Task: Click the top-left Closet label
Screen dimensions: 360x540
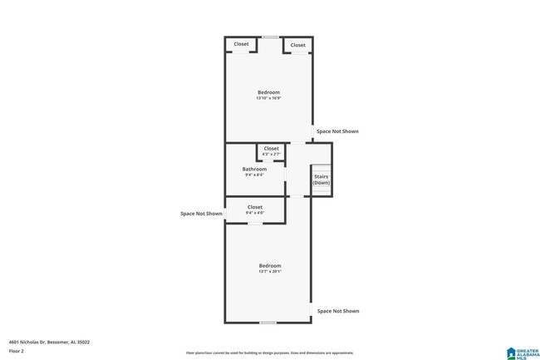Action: [241, 44]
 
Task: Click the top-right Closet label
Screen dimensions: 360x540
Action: [297, 45]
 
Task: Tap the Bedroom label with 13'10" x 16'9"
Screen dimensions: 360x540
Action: [268, 92]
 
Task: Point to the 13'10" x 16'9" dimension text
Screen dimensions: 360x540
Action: [268, 99]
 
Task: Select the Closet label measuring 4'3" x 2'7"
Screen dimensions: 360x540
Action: [272, 149]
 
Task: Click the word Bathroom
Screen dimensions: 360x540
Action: [255, 169]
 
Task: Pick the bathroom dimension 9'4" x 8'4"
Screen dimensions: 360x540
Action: [254, 175]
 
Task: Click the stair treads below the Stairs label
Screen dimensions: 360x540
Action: [322, 191]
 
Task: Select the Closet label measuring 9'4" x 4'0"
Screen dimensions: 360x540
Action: [254, 207]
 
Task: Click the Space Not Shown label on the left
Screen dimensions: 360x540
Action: [202, 214]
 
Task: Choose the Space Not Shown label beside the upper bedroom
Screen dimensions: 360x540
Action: [337, 131]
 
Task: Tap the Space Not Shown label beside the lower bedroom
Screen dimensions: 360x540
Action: [338, 311]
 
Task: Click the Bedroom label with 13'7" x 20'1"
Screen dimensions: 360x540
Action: [269, 265]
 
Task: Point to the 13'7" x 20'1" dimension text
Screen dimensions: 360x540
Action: [269, 272]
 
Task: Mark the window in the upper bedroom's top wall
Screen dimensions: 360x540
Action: [270, 37]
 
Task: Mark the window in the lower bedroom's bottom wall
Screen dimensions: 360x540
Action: [268, 323]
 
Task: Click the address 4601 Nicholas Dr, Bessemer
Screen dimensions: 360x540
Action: [49, 342]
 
